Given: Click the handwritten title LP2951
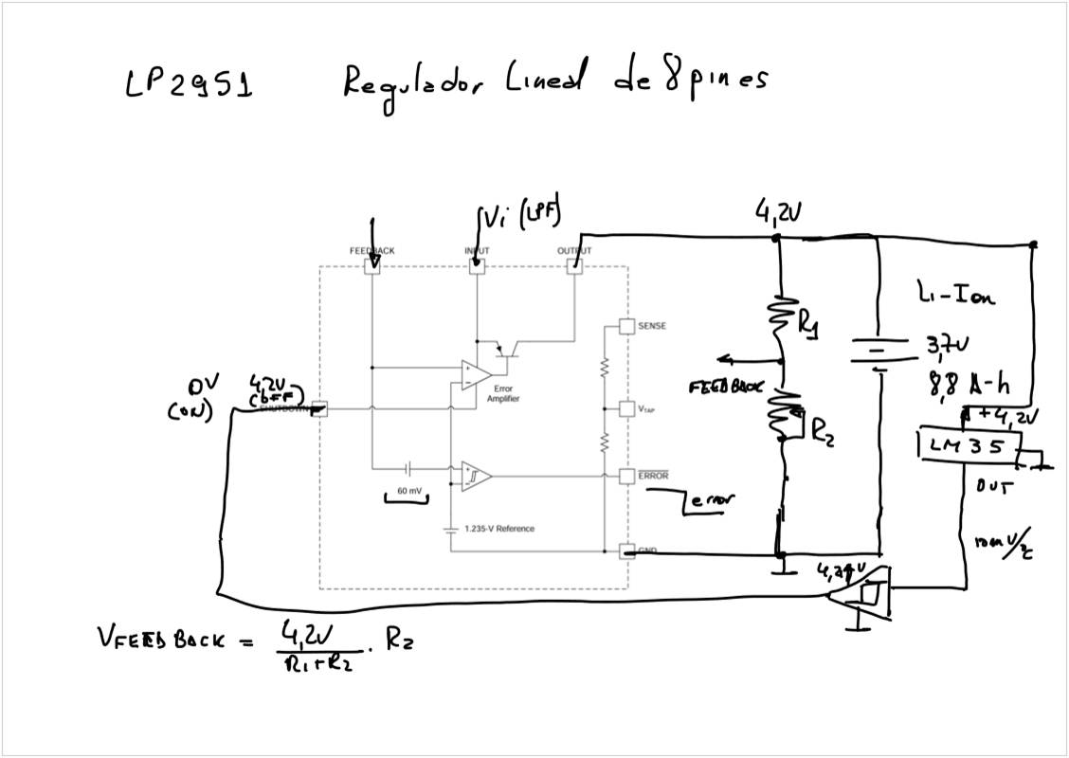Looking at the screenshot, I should click(188, 85).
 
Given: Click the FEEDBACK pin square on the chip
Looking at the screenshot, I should click(372, 266).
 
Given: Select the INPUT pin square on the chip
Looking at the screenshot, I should click(477, 266).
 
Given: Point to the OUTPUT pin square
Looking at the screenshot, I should click(574, 266).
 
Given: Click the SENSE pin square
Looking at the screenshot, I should click(626, 326).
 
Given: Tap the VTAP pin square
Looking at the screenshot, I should click(626, 408).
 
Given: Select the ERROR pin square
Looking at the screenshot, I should click(626, 475).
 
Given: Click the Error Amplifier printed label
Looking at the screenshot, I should click(503, 394).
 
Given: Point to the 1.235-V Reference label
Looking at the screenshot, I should click(499, 528).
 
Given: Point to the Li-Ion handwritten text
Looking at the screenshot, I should click(956, 297).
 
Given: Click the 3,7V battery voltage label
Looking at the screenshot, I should click(949, 348).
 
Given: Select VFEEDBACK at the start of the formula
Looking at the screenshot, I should click(161, 641).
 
